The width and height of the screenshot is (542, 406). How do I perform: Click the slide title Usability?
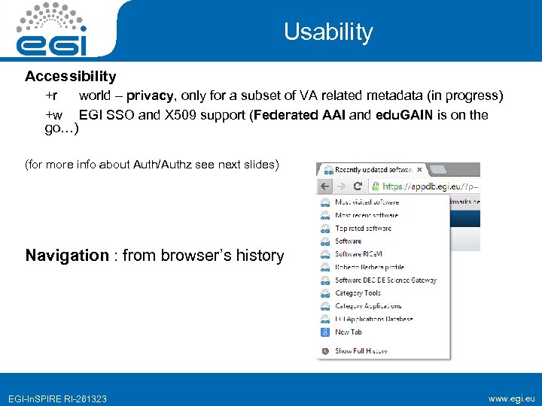click(328, 32)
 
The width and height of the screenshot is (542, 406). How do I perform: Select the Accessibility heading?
click(71, 76)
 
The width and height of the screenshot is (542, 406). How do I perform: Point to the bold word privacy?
click(152, 95)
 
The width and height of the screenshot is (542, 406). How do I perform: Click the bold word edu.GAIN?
click(403, 115)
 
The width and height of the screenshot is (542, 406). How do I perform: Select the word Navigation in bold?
click(67, 256)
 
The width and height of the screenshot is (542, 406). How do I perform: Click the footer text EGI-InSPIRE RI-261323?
click(57, 398)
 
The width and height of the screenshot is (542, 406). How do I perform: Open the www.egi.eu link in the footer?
click(511, 398)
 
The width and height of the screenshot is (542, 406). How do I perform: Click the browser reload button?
click(357, 186)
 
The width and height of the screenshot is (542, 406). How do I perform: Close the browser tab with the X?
click(420, 170)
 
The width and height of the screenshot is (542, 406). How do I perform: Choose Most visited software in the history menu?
click(367, 202)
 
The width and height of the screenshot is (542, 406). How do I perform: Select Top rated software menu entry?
click(363, 228)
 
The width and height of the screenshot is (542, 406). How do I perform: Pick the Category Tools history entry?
click(358, 292)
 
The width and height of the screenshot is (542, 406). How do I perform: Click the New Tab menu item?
click(349, 332)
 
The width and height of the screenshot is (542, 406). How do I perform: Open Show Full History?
click(361, 350)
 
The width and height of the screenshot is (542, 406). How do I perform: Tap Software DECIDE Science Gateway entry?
click(385, 280)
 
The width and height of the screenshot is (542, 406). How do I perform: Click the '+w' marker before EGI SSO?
click(53, 115)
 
